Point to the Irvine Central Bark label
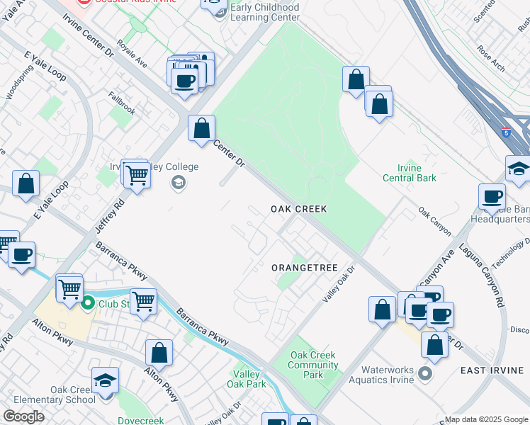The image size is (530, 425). [409, 173]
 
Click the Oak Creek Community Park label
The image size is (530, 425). [312, 365]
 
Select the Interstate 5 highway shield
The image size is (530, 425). [506, 132]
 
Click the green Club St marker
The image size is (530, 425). [88, 305]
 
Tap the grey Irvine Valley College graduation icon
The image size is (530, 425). [178, 183]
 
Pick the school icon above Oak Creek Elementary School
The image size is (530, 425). [105, 383]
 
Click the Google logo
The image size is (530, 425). [23, 416]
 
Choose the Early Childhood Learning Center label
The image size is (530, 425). [266, 12]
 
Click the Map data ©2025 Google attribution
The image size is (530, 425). [486, 419]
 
